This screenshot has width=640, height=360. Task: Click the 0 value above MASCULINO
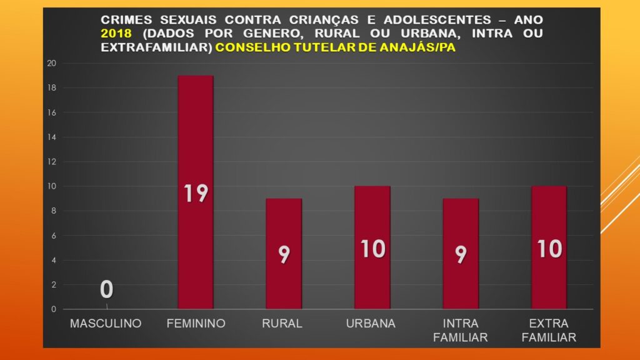[x=107, y=289]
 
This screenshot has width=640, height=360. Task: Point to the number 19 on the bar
[x=196, y=194]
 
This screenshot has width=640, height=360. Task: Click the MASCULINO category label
[x=106, y=324]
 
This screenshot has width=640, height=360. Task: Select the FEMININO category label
[x=196, y=324]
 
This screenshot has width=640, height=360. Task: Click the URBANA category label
[x=371, y=324]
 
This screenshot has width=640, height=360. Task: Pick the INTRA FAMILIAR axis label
[x=461, y=331]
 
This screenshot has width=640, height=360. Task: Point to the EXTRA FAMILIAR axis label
[x=549, y=331]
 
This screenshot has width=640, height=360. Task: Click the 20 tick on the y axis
[x=52, y=63]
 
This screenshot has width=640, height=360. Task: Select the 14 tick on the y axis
[x=52, y=137]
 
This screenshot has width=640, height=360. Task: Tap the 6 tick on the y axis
[x=54, y=236]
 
